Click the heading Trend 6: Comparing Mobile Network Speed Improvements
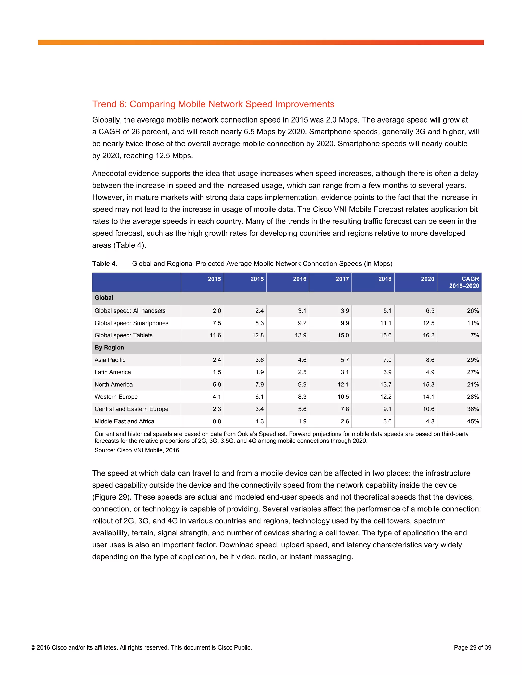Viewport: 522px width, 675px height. [213, 104]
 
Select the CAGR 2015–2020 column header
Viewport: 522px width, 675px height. [464, 282]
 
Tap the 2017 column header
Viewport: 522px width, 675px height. [342, 279]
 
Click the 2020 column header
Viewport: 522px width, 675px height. [427, 279]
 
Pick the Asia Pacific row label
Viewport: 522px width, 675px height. [110, 360]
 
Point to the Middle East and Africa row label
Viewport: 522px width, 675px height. [124, 421]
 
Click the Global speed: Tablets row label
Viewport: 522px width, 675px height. [123, 335]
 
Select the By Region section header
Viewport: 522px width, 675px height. [109, 347]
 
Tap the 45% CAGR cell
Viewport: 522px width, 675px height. [473, 421]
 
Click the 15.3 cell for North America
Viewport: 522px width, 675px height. [428, 384]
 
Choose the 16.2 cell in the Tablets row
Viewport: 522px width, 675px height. [428, 335]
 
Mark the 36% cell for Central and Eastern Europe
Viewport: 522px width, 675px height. [473, 409]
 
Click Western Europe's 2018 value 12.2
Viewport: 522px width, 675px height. [386, 397]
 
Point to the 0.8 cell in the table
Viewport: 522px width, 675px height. [217, 421]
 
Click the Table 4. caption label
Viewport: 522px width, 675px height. [105, 264]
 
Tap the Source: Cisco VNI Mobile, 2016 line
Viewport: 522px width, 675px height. [137, 450]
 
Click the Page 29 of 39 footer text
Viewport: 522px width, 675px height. [472, 647]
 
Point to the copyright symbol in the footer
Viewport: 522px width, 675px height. [33, 647]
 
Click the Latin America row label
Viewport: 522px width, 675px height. [113, 372]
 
